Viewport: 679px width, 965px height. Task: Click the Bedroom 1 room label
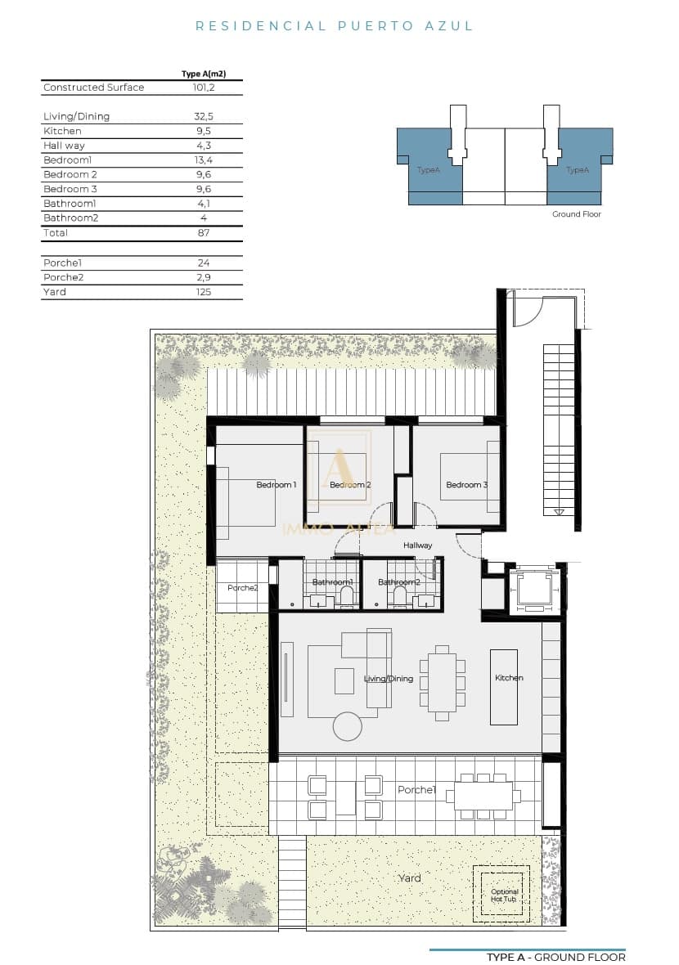coord(276,485)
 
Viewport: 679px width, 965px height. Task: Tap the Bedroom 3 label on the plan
coord(466,485)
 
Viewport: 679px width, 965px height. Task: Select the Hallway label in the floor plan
coord(417,545)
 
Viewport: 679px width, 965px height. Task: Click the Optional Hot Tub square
coord(501,895)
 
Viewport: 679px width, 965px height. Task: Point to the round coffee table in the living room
coord(348,726)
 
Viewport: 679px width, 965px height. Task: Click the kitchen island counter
coord(504,687)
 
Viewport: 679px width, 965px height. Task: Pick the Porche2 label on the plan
coord(242,588)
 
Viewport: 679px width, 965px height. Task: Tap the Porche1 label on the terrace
coord(416,790)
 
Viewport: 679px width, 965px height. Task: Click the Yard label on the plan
coord(409,878)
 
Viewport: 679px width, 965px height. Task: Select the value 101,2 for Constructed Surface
coord(203,88)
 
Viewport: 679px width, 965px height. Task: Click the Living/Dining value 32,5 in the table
coord(203,117)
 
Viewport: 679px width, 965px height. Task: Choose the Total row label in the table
coord(56,233)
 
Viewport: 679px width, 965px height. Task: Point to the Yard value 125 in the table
coord(203,292)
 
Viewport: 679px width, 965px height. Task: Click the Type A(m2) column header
coord(203,74)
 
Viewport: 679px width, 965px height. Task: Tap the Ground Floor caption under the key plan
coord(577,214)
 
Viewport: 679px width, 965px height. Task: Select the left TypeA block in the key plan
coord(428,168)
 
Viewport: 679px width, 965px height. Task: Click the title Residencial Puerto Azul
coord(334,26)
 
